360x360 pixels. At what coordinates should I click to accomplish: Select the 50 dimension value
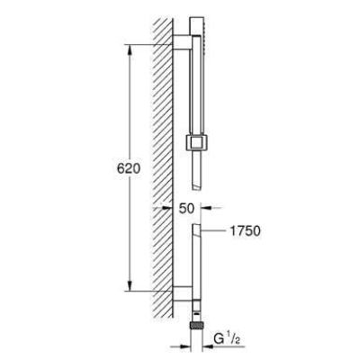click(x=186, y=208)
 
